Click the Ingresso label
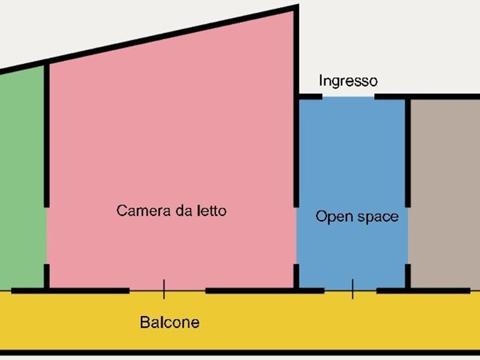tap(348, 81)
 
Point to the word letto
tap(211, 211)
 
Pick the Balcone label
tap(170, 322)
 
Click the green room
tap(22, 178)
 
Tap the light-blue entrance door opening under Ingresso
tap(349, 97)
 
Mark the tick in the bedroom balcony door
tap(164, 289)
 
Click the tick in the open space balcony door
tap(353, 289)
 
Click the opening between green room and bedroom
tap(47, 235)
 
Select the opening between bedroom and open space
tap(296, 235)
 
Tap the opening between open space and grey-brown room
tap(408, 235)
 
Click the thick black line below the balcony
tap(240, 353)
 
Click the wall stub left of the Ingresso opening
tap(310, 97)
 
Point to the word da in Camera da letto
tap(183, 211)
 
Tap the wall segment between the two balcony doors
tap(265, 291)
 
